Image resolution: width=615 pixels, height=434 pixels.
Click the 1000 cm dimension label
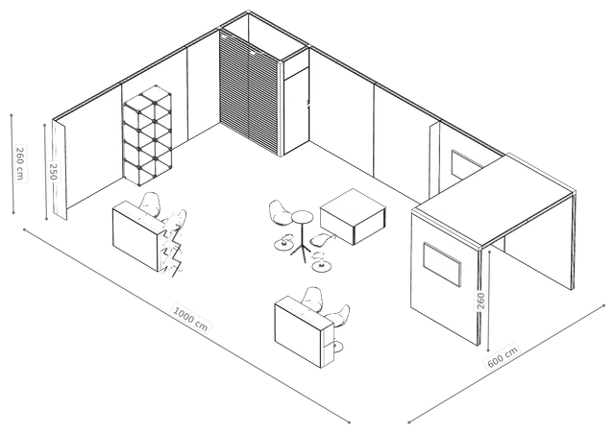190,318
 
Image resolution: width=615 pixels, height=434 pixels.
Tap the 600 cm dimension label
503,356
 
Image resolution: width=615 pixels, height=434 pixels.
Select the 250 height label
54,172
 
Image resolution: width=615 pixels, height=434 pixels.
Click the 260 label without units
481,301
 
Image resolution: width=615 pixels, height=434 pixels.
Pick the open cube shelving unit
147,135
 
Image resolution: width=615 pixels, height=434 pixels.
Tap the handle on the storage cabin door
308,105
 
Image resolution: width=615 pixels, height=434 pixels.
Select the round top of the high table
302,216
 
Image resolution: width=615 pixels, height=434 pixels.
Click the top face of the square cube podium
353,205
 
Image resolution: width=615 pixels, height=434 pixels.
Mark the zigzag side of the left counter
172,249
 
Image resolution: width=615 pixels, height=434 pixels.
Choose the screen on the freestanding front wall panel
442,265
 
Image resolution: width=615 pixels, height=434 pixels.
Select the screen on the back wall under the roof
465,164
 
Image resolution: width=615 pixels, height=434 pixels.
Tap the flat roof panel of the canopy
493,200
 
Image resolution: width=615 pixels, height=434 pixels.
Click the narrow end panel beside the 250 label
60,170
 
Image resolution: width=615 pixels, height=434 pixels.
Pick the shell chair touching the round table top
280,214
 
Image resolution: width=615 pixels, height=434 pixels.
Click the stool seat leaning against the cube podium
323,239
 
